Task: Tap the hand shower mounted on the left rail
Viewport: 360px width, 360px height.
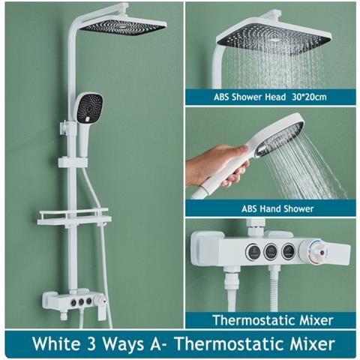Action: (89, 109)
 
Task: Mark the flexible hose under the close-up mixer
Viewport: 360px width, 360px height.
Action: (281, 292)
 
